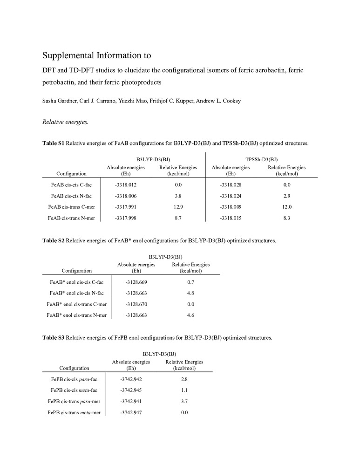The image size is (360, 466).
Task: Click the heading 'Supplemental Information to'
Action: click(96, 55)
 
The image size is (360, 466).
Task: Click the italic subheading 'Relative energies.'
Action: click(61, 122)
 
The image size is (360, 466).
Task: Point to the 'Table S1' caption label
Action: click(53, 144)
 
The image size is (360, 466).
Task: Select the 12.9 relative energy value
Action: click(178, 206)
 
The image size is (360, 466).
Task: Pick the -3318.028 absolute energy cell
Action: click(230, 185)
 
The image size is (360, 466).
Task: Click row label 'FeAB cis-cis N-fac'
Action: click(71, 196)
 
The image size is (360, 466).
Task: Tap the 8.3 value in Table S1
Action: click(286, 217)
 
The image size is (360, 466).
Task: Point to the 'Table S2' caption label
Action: click(53, 241)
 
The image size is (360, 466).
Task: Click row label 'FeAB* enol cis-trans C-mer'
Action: click(77, 304)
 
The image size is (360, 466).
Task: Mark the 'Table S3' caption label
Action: click(53, 337)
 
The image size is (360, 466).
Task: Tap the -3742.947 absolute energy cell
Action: click(131, 412)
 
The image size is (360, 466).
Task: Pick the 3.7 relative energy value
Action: click(184, 401)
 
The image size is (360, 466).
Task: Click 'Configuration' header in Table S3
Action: click(75, 368)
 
